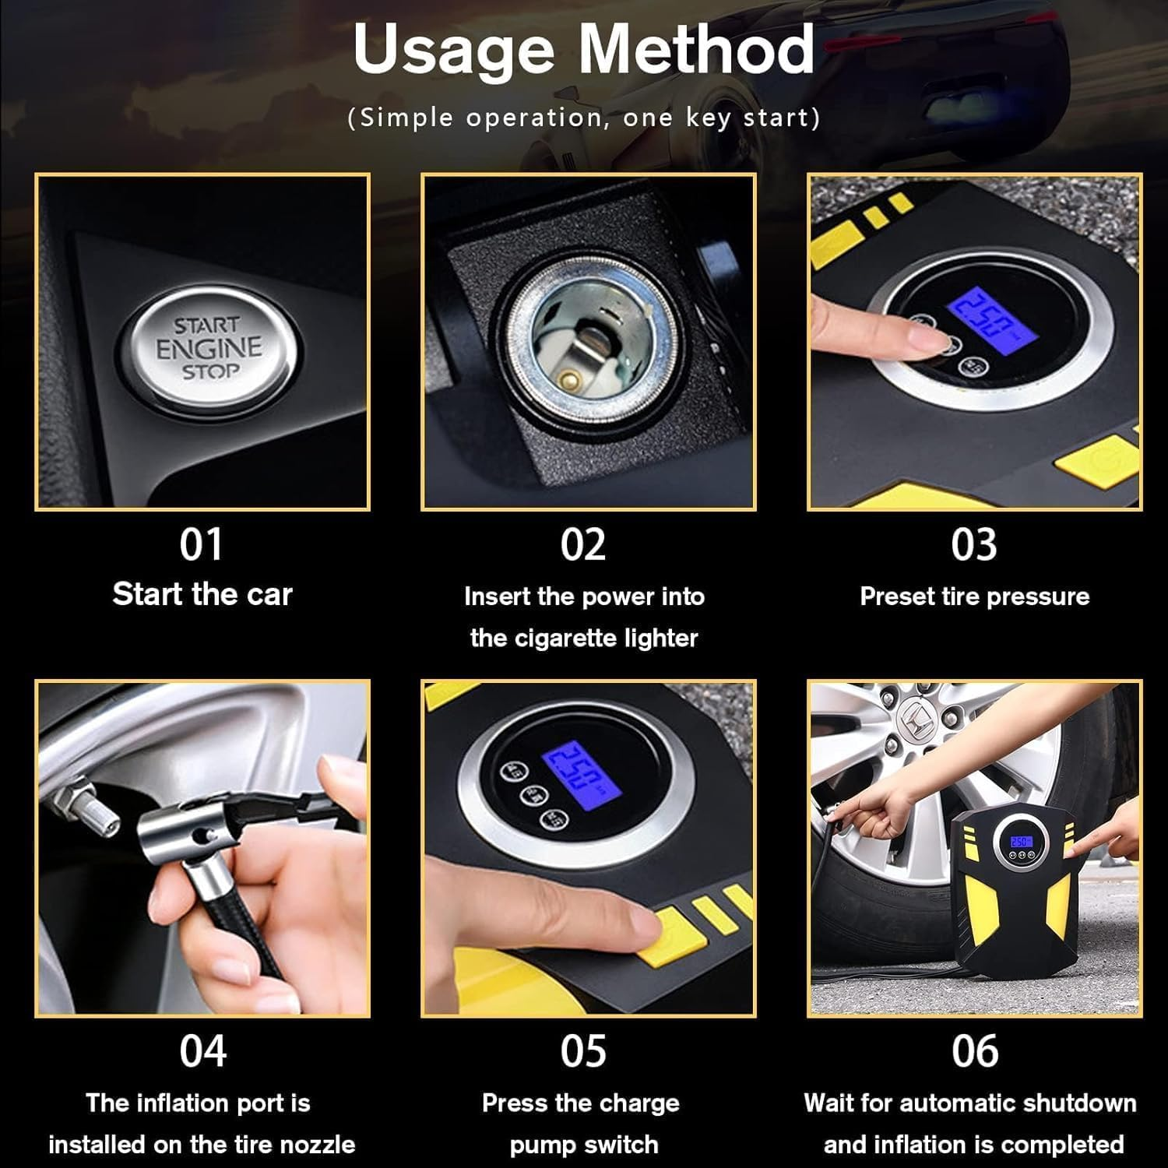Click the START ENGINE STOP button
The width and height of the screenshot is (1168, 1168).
tap(208, 348)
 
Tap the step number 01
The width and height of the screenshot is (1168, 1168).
tap(202, 544)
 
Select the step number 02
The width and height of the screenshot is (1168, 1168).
tap(583, 544)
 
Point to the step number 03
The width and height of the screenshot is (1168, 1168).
tap(973, 544)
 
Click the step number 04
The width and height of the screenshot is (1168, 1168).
tap(202, 1050)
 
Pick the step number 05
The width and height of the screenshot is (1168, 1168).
tap(583, 1050)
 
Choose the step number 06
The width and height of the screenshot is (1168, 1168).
tap(974, 1050)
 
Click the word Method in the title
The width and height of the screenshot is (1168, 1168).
tap(695, 49)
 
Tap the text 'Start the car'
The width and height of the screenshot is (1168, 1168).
tap(202, 594)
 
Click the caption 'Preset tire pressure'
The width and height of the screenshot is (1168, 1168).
tap(974, 596)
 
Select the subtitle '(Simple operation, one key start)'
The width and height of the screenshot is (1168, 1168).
tap(583, 118)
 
